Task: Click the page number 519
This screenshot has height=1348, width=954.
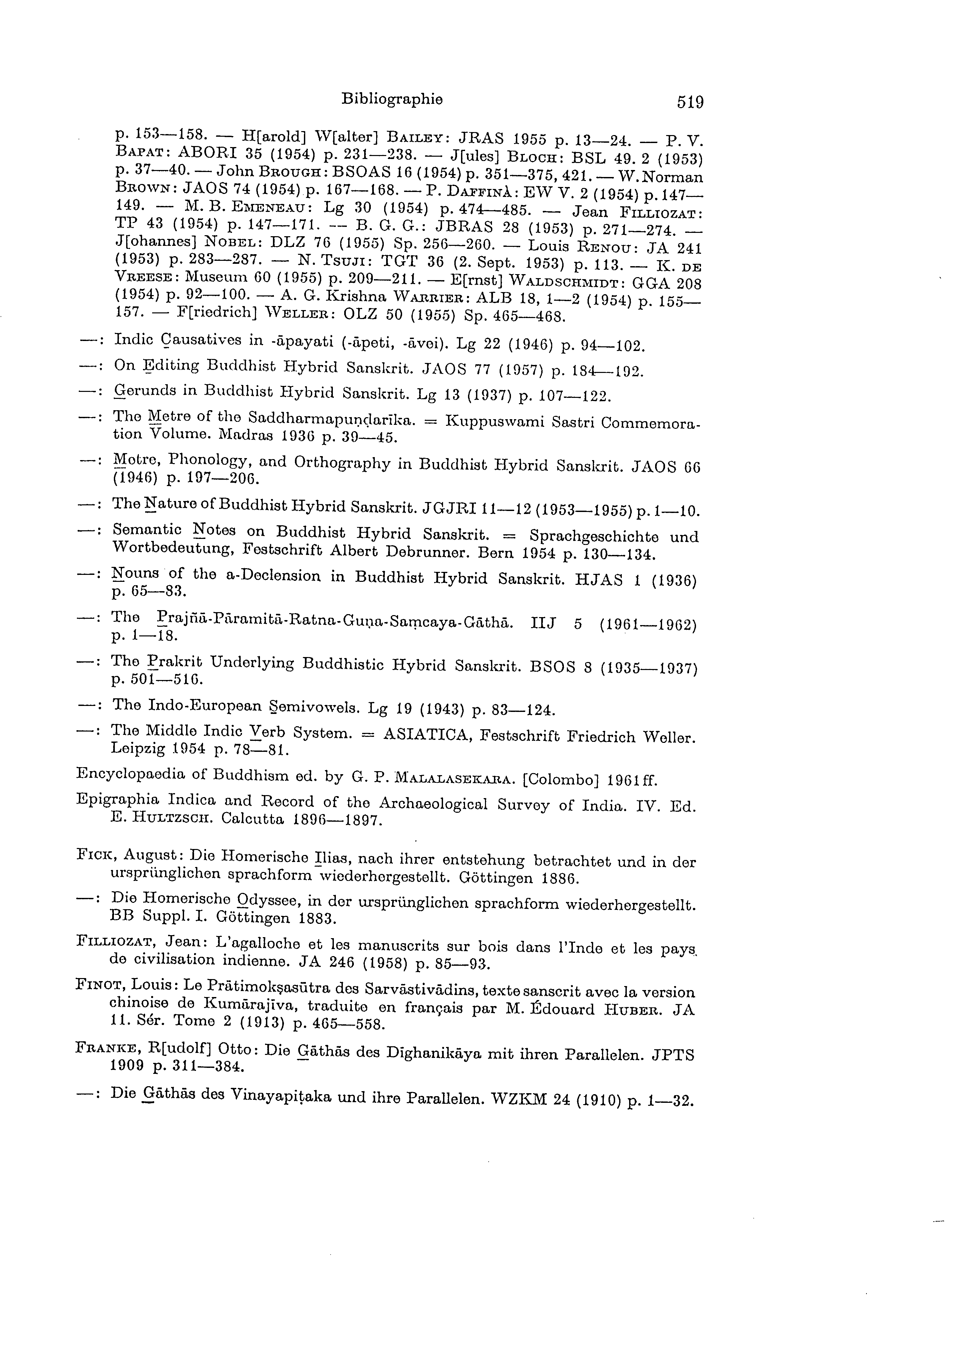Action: [x=690, y=103]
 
